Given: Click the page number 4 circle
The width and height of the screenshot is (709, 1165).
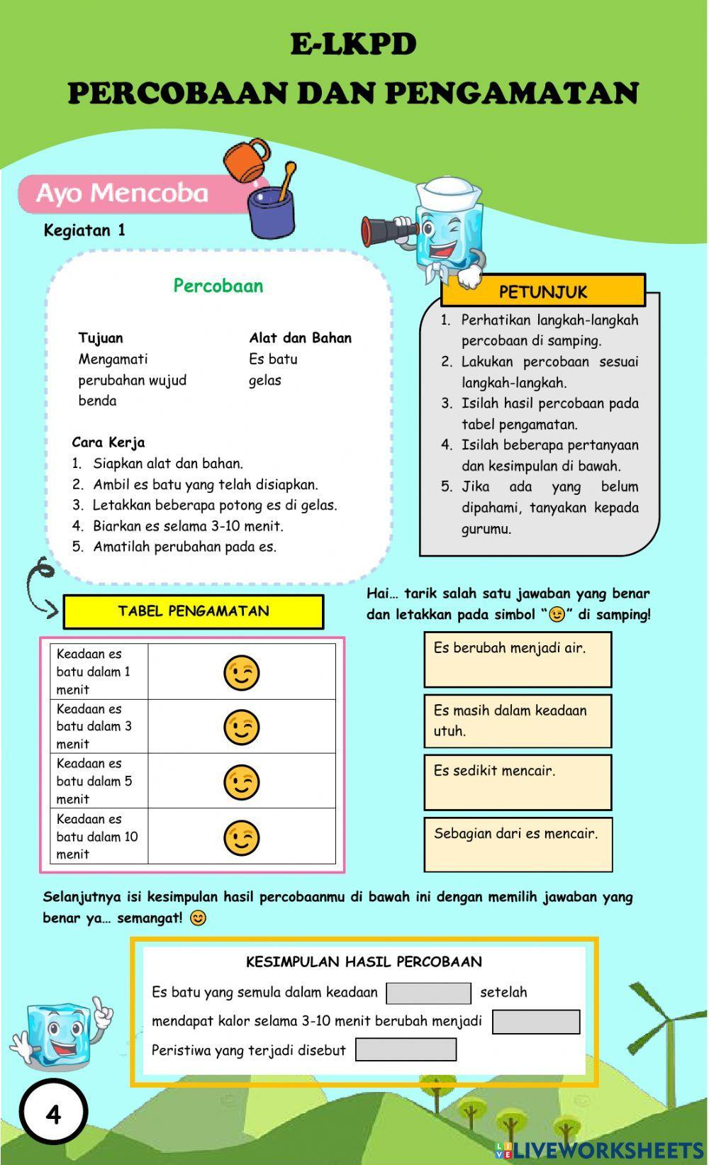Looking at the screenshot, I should (x=54, y=1114).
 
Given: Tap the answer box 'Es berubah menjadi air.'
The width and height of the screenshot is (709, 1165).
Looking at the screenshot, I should (x=518, y=659).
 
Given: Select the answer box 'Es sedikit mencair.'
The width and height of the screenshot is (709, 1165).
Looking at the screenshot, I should (x=518, y=782).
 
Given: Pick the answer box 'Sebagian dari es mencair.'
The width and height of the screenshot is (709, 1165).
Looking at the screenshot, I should (x=518, y=845).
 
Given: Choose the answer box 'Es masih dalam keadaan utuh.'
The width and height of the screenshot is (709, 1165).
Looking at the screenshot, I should (x=518, y=720).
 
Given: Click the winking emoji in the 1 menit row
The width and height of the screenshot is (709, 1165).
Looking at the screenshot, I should (x=241, y=672).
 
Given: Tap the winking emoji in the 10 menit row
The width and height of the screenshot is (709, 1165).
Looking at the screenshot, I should (x=241, y=837).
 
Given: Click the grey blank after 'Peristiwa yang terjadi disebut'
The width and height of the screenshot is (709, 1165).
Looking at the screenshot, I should (x=406, y=1049).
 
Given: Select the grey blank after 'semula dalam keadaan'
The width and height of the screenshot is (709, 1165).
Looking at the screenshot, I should (x=428, y=993).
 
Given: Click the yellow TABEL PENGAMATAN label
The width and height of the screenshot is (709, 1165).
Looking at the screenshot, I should (x=193, y=611).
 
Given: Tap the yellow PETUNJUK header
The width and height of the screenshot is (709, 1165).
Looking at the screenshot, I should (x=543, y=291).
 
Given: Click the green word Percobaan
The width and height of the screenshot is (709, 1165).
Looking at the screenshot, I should (x=218, y=286).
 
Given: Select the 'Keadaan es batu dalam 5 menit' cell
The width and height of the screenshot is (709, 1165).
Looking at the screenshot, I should (x=99, y=781).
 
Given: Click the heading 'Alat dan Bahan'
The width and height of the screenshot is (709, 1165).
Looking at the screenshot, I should (x=300, y=338).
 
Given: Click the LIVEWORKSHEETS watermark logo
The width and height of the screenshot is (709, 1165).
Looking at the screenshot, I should (x=599, y=1149).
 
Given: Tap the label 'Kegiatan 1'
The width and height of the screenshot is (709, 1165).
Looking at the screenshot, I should (x=84, y=230).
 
